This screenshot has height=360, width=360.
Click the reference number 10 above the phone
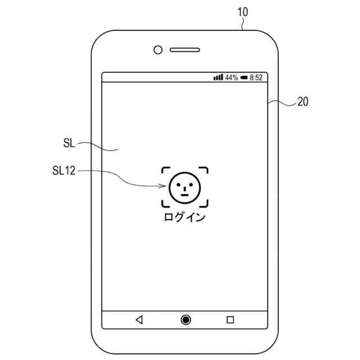pyautogui.click(x=242, y=11)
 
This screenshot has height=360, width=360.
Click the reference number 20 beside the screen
pyautogui.click(x=303, y=102)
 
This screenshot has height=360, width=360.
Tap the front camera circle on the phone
pyautogui.click(x=158, y=49)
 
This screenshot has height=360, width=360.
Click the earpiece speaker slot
pyautogui.click(x=185, y=49)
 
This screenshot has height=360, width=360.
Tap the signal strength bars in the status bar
pyautogui.click(x=218, y=77)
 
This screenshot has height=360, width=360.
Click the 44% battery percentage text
pyautogui.click(x=231, y=77)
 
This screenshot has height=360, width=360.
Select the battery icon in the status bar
pyautogui.click(x=244, y=77)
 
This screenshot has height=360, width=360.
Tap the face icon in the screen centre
pyautogui.click(x=185, y=187)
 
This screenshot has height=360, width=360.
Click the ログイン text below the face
pyautogui.click(x=184, y=217)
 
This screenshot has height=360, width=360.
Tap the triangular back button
pyautogui.click(x=139, y=319)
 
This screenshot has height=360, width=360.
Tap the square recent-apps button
pyautogui.click(x=230, y=319)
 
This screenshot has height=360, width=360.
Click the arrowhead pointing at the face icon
pyautogui.click(x=164, y=187)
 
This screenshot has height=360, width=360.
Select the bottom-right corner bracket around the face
pyautogui.click(x=205, y=204)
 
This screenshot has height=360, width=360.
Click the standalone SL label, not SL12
pyautogui.click(x=69, y=143)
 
